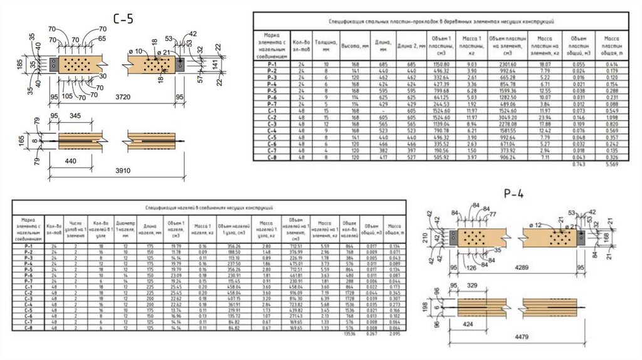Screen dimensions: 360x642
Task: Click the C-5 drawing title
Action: (x=123, y=19)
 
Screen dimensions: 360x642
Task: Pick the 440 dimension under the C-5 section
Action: (x=71, y=161)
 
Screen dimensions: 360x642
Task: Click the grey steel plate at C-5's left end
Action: (x=54, y=64)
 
